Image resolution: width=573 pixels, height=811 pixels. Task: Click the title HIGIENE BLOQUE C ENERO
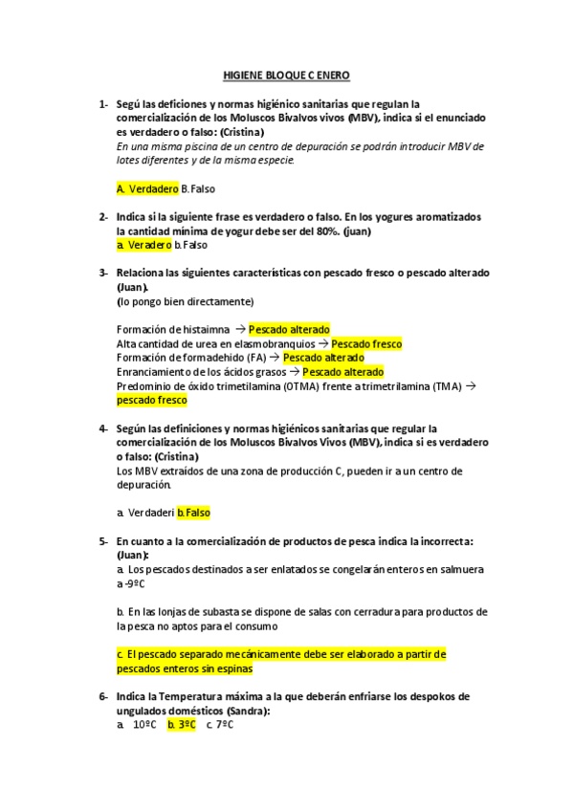(x=286, y=73)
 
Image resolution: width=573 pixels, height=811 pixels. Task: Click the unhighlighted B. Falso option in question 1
(x=198, y=188)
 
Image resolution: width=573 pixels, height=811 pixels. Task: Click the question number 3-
(x=103, y=273)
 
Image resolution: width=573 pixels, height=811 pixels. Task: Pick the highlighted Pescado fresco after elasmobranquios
(x=366, y=343)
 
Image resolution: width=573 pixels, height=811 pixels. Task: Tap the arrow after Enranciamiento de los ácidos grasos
(x=295, y=372)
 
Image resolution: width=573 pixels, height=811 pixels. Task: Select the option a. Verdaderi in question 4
(x=144, y=513)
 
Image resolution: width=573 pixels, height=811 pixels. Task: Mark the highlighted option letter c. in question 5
(x=121, y=654)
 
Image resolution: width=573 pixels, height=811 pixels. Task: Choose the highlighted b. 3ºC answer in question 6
(x=181, y=724)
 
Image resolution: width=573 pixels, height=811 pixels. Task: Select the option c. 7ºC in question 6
(x=220, y=724)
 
